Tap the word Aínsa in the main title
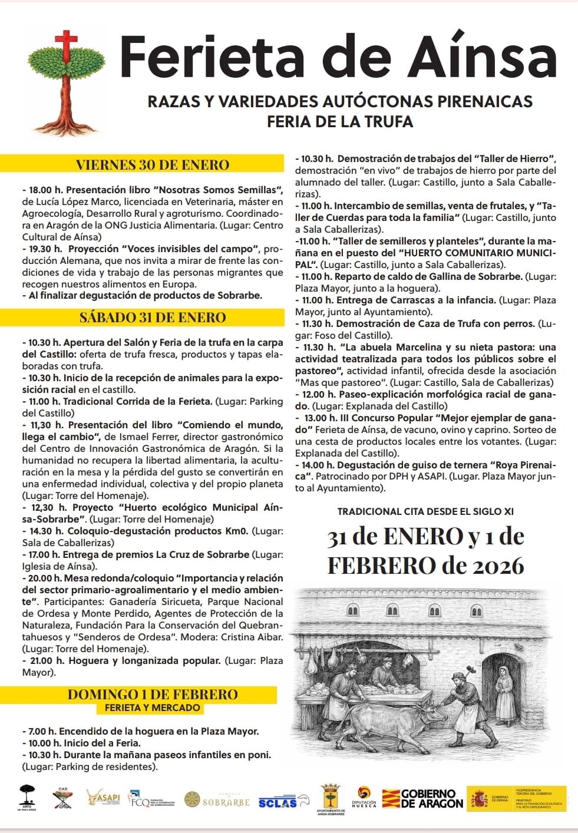click(483, 57)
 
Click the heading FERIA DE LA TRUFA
click(340, 122)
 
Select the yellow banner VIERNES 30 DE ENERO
click(152, 165)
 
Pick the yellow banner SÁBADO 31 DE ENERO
click(153, 318)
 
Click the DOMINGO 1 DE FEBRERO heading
click(153, 695)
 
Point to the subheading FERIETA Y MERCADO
click(153, 708)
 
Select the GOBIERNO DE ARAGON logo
click(422, 799)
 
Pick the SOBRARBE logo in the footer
click(217, 801)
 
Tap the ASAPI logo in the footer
click(104, 798)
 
